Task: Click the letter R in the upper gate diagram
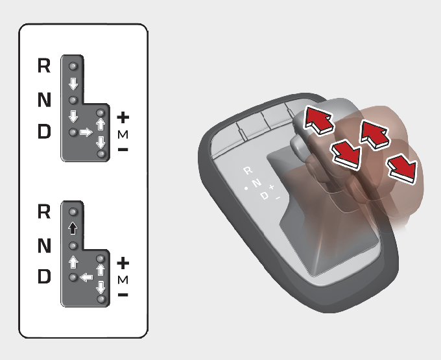44,66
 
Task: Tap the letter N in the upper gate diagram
44,99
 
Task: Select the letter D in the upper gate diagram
44,131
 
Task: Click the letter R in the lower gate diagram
44,211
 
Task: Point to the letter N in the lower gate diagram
44,246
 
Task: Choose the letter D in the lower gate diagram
44,276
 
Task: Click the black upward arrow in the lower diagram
73,228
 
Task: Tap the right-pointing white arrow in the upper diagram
86,132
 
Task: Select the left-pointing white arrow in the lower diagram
86,278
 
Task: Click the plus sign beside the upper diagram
123,117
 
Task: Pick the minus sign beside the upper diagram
123,149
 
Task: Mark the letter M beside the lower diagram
123,280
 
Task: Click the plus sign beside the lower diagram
123,263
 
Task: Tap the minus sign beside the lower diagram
123,294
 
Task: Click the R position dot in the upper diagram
73,66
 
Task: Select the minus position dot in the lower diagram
101,299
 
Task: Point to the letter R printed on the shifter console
248,171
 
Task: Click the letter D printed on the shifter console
265,195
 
